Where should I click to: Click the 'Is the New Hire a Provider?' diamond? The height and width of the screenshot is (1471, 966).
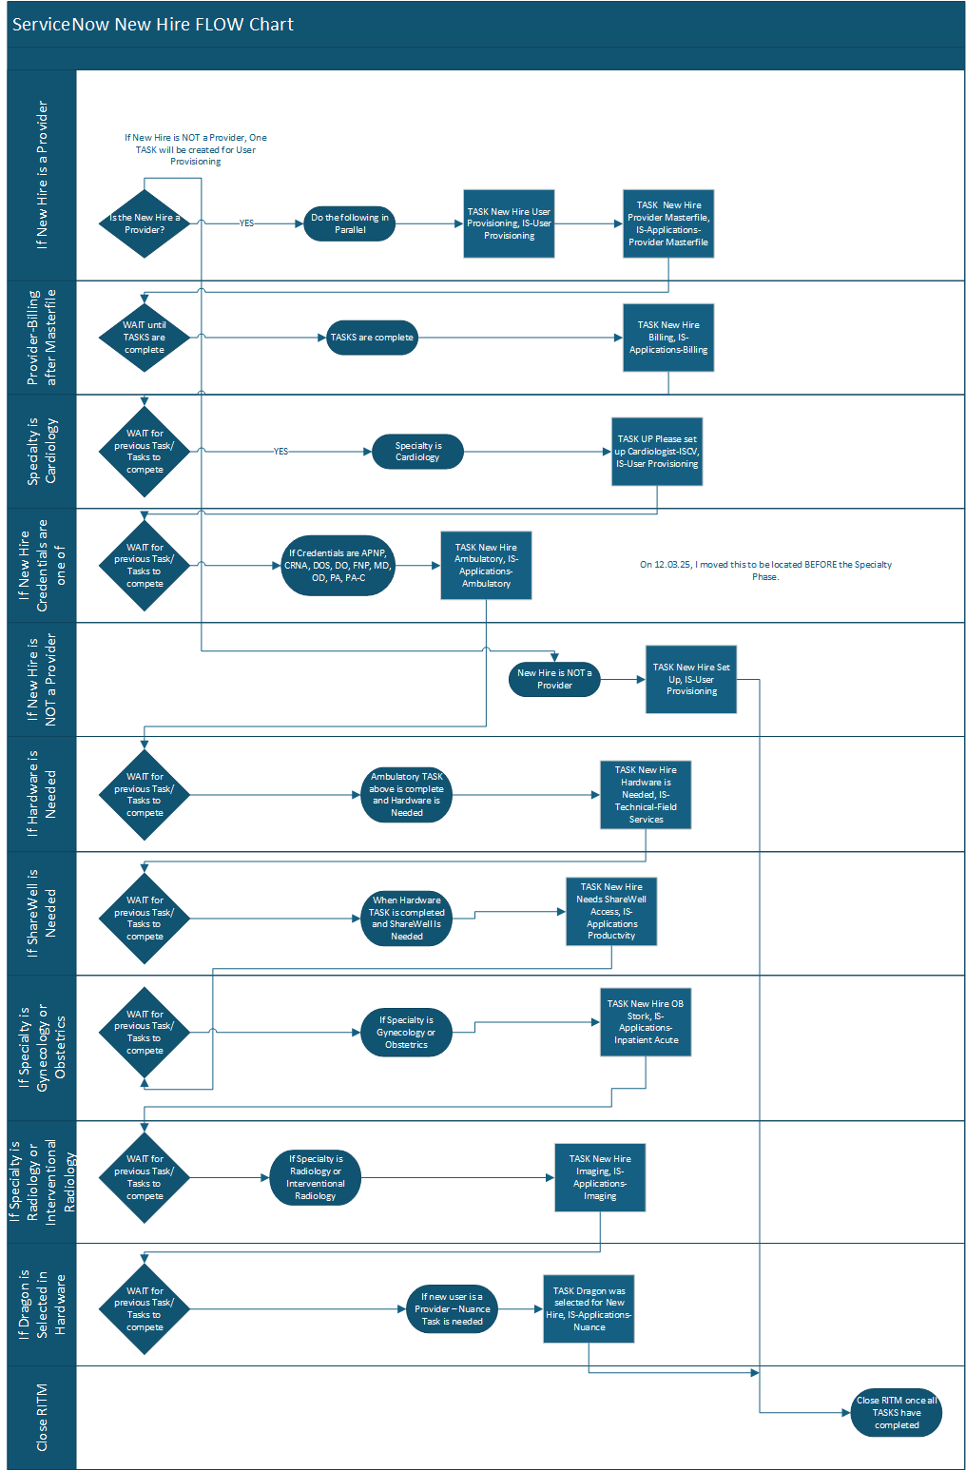[145, 223]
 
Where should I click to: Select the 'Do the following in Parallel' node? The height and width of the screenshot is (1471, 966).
[349, 223]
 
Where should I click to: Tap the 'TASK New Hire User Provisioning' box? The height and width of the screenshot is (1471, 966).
[509, 223]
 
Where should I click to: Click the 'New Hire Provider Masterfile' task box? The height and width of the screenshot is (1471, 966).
[667, 223]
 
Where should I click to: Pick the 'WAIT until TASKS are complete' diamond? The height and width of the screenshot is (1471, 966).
[145, 338]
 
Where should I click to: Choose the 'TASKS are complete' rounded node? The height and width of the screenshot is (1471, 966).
[372, 338]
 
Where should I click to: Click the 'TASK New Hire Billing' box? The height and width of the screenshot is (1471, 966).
[667, 338]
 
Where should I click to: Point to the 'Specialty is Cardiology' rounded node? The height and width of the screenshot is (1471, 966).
[417, 452]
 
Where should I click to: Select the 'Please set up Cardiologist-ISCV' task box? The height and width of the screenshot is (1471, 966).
[656, 452]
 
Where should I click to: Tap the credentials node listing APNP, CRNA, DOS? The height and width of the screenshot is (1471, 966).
[338, 566]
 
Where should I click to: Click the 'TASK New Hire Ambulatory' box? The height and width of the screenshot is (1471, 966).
[486, 566]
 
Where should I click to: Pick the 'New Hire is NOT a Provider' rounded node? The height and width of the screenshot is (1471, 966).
[554, 679]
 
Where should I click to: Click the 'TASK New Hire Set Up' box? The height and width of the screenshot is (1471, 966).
[691, 679]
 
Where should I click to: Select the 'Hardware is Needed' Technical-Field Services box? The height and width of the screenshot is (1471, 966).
[646, 794]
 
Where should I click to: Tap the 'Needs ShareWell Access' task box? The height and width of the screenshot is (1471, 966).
[611, 911]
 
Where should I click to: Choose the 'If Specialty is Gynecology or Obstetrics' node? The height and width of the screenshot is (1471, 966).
[406, 1032]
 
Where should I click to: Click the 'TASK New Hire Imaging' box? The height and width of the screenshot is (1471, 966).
[600, 1177]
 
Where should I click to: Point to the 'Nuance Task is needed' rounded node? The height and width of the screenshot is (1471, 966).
[452, 1309]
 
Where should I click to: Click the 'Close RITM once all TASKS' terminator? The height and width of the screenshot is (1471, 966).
[897, 1412]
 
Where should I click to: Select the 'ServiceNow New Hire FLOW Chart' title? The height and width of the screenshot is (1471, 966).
[153, 25]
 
